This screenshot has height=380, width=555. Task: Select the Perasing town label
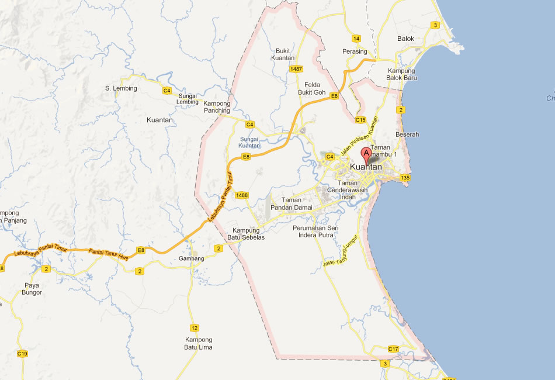[355, 51]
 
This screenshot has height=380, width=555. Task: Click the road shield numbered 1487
[296, 69]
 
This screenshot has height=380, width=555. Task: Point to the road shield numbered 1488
[242, 195]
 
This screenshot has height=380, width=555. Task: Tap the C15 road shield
[360, 120]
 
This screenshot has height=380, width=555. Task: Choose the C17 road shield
[393, 349]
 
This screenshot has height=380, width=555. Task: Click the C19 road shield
[23, 354]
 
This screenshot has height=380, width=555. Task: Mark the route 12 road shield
[195, 327]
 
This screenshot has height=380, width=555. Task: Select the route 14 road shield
[356, 39]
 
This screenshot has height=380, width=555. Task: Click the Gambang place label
[192, 258]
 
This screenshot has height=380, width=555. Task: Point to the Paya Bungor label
[32, 289]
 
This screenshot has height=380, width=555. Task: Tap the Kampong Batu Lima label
[199, 343]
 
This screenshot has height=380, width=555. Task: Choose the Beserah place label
[407, 134]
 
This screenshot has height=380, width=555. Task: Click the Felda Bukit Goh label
[311, 88]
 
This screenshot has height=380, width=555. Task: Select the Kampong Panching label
[217, 107]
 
